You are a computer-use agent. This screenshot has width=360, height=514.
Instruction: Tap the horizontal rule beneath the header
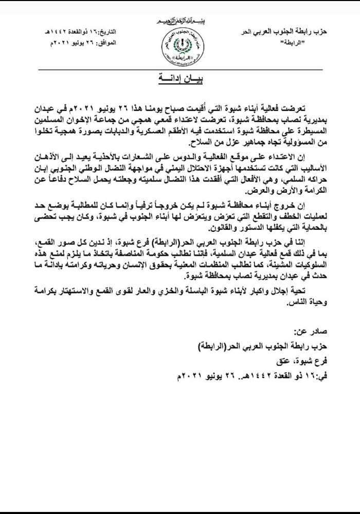(x=179, y=69)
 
